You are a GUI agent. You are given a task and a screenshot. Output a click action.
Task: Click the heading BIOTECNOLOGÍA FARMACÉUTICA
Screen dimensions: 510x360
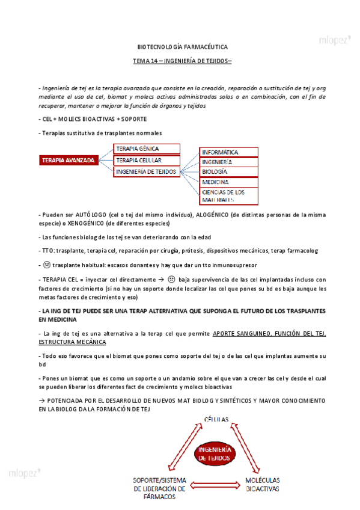pos(179,46)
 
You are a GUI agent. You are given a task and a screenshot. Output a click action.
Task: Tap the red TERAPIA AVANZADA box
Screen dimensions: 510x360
pos(68,161)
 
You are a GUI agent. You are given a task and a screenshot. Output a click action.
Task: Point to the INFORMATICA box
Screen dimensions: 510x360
pos(228,152)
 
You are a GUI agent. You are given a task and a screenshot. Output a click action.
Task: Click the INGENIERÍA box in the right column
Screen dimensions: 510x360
pos(228,162)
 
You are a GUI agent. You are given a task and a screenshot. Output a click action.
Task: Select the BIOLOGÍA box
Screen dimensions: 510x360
pos(228,171)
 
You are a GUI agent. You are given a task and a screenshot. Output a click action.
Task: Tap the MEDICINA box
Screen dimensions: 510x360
pos(228,181)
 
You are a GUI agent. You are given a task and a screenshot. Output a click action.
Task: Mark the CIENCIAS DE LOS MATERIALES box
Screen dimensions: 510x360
pos(228,195)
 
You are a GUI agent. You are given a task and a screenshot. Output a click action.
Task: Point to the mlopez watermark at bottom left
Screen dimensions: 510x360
pos(25,473)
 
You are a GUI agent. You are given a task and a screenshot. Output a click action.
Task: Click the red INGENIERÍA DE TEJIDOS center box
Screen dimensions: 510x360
pos(213,454)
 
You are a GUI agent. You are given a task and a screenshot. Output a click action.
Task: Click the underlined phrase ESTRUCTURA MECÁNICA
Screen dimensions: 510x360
pos(72,342)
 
